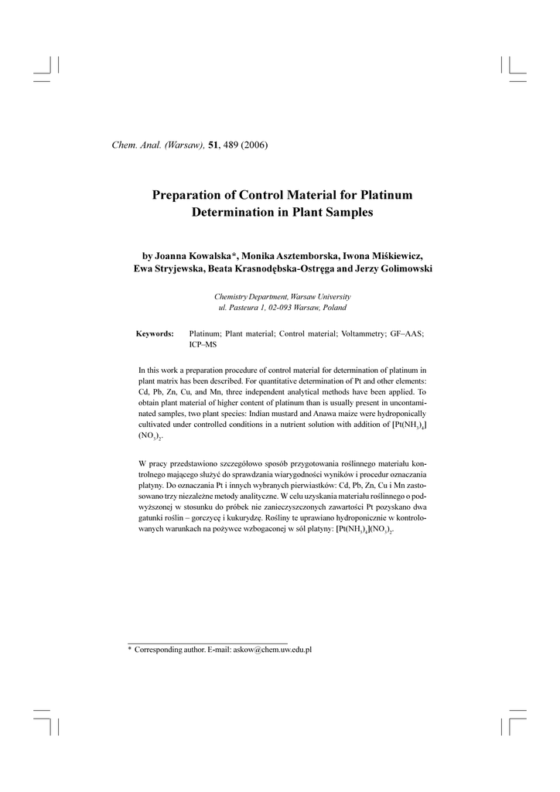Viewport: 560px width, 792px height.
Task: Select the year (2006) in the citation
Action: tap(253, 146)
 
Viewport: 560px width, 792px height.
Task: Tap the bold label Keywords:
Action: tap(155, 333)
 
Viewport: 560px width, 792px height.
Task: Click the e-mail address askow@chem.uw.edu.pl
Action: tap(267, 650)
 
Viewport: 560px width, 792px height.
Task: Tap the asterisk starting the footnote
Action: tap(129, 650)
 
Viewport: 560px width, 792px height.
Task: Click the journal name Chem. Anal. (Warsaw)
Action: tap(159, 146)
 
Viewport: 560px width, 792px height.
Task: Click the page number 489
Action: tap(230, 146)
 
